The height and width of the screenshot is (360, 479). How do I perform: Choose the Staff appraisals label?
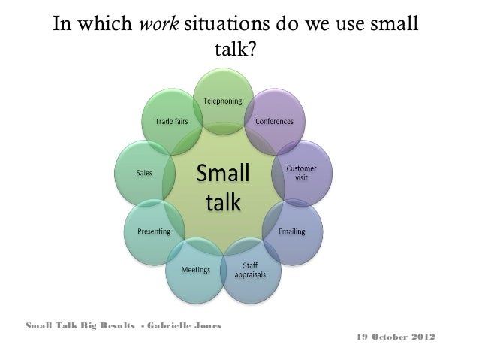click(249, 269)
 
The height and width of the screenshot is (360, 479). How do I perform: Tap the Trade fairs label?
click(171, 120)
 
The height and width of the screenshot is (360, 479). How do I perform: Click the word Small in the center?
click(221, 174)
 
